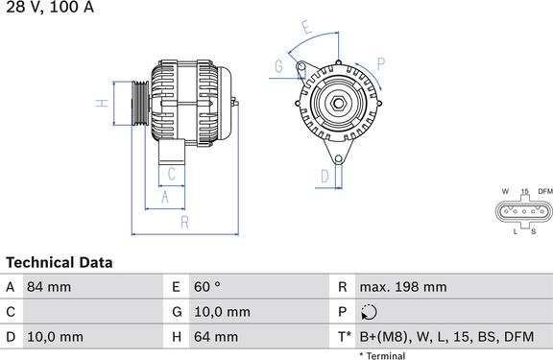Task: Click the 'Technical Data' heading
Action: [x=60, y=262]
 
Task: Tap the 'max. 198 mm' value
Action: [x=402, y=287]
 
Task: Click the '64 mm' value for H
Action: [x=217, y=337]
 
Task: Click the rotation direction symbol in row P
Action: [x=371, y=312]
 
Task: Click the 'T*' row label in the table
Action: [x=343, y=337]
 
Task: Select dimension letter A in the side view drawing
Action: [x=164, y=197]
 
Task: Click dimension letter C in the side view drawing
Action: [x=171, y=174]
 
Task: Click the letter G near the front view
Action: [x=278, y=66]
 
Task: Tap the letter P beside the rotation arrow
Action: [x=380, y=64]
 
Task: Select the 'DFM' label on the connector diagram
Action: [x=545, y=192]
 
